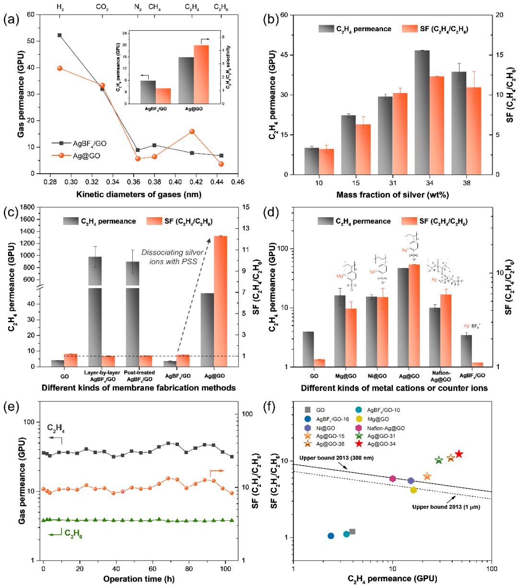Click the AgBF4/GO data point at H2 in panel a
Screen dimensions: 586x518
[x=59, y=35]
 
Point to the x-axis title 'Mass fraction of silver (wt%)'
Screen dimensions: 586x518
[x=393, y=195]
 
